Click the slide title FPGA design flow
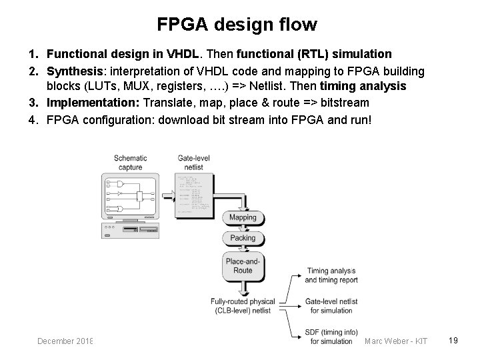237,25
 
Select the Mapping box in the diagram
243,217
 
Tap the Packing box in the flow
243,238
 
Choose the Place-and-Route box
243,266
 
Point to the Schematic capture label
131,163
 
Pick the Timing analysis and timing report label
331,276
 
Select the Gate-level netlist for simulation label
331,306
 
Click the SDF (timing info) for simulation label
331,337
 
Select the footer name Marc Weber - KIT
396,341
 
